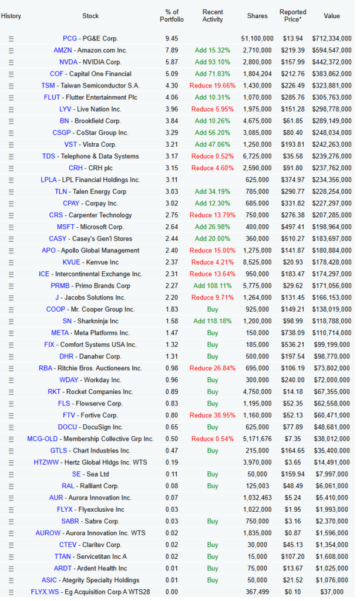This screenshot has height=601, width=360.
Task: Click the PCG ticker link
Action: coord(70,38)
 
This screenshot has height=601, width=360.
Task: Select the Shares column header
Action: coord(257,16)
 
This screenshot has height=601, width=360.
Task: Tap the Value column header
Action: coord(332,16)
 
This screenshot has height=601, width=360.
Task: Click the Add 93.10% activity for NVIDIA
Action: coord(213,62)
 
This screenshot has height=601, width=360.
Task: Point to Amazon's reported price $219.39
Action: coord(293,50)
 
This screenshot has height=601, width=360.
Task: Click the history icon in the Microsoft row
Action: coord(11,227)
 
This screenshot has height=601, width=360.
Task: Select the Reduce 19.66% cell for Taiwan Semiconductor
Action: coord(213,86)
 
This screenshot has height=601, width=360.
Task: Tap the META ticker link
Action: coord(60,333)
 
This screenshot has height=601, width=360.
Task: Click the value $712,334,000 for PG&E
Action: coord(332,38)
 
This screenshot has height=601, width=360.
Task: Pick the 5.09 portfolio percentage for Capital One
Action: coord(171,74)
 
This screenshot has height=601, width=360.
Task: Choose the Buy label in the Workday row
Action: coord(213,380)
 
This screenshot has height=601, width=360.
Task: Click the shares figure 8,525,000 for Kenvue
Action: coord(257,262)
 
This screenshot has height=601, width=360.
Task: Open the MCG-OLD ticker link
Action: coord(42,439)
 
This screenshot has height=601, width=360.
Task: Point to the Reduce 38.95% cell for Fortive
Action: coord(213,416)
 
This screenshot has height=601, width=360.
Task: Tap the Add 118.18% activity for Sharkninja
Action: coord(213,321)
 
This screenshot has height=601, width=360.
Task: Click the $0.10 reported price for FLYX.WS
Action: coord(293,592)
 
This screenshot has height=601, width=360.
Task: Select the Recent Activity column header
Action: coord(213,16)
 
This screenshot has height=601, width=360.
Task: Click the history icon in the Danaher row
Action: coord(11,357)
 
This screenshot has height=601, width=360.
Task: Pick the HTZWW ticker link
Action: coord(46,462)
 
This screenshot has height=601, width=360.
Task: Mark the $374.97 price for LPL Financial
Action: coord(293,180)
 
